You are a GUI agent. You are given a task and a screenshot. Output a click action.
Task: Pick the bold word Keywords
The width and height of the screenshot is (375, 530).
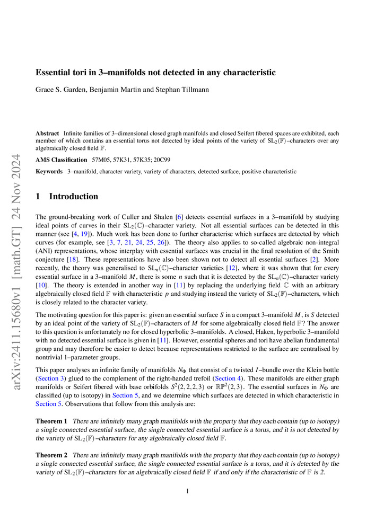(49, 172)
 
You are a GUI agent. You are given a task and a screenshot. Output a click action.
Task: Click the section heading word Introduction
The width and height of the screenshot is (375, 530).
(73, 197)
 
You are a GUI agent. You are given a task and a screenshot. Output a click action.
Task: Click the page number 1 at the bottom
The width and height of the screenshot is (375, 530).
(188, 491)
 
